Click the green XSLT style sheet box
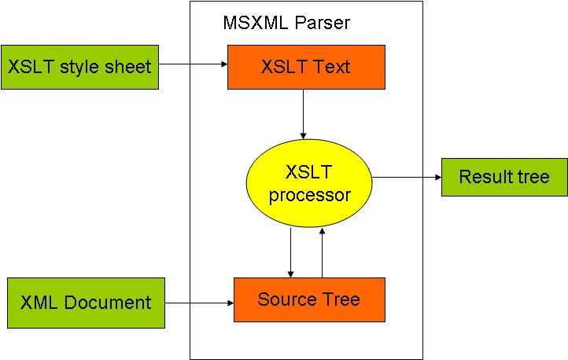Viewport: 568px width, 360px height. pos(79,67)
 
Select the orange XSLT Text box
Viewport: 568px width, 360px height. pos(305,67)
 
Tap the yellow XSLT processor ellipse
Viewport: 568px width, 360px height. pos(309,183)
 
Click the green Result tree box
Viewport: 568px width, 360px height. pos(503,177)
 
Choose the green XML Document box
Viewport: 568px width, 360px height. pos(86,303)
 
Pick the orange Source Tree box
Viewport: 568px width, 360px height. pos(309,299)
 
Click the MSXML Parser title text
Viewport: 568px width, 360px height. pos(286,23)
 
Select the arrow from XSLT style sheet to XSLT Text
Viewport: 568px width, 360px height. pos(193,64)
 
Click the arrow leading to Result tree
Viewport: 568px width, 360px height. pos(406,177)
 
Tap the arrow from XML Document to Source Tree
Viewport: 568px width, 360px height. pos(199,303)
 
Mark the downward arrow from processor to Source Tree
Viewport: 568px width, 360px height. pos(291,252)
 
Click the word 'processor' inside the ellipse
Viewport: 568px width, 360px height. pos(309,194)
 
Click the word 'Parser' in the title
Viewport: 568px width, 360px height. pos(323,23)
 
